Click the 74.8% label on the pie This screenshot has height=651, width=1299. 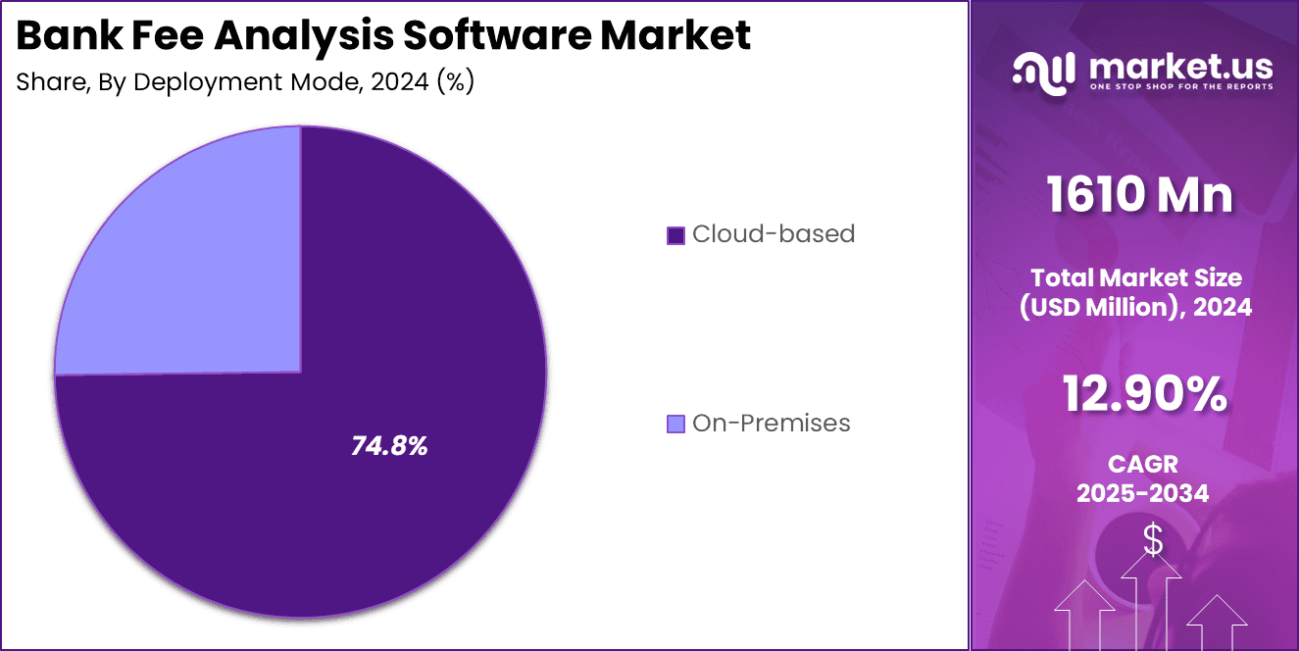(389, 446)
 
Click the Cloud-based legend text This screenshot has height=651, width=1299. (774, 234)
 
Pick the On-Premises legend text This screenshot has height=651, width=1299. (771, 424)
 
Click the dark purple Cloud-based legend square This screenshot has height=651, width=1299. (675, 235)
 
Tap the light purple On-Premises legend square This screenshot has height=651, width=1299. (675, 424)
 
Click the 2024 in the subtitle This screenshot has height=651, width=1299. (400, 82)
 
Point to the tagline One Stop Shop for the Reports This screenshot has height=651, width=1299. (1180, 87)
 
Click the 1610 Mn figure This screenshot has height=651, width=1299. (1139, 194)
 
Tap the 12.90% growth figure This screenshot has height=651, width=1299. (1144, 395)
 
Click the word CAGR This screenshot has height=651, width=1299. (1143, 464)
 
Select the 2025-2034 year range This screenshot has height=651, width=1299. (1143, 493)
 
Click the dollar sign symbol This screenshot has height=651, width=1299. (1153, 539)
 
